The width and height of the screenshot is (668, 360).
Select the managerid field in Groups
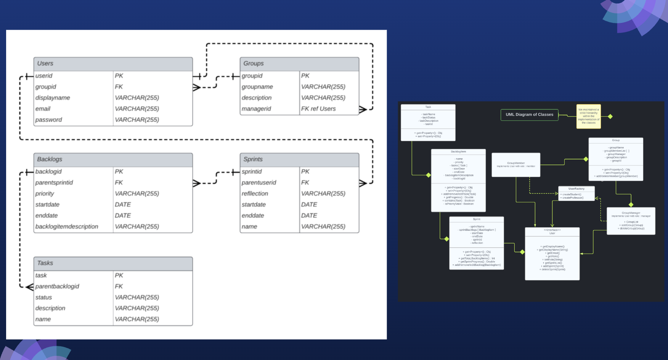pos(256,109)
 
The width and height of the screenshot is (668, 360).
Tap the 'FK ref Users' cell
pos(318,109)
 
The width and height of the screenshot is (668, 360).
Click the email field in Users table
pos(43,109)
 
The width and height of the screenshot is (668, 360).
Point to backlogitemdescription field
pos(67,227)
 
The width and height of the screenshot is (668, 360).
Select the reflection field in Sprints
pos(255,194)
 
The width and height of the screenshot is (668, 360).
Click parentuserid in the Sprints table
pos(259,183)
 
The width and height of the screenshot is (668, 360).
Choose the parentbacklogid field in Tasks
pos(57,286)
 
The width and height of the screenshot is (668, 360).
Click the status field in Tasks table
pos(43,297)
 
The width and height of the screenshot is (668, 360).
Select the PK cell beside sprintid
pos(305,172)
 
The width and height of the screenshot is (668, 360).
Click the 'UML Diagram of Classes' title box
pos(529,115)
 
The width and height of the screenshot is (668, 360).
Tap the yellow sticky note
pos(588,116)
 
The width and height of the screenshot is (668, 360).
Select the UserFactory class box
pos(576,193)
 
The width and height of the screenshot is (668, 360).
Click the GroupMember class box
pos(516,165)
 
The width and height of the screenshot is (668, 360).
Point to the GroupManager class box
pos(631,221)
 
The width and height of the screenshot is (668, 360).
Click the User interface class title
pos(552,231)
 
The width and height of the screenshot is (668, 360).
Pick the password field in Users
pos(48,120)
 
